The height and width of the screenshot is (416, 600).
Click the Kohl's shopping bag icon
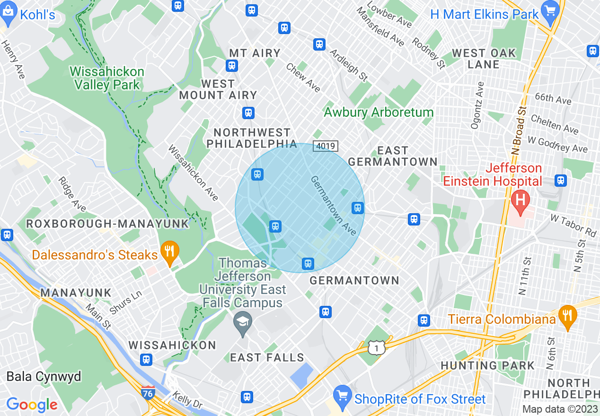point(8,14)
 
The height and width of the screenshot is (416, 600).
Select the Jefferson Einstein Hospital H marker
point(521,202)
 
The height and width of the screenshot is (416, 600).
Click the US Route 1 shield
point(377,348)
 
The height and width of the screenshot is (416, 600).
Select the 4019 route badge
point(325,147)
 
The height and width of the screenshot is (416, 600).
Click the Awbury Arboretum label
point(379,113)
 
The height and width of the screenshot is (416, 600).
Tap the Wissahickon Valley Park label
point(107,78)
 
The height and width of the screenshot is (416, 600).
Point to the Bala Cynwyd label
point(44,377)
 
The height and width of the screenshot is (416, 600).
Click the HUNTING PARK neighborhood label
point(487,365)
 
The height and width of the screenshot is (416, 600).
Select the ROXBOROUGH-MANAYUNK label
point(107,224)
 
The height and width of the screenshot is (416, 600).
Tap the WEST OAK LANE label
point(484,59)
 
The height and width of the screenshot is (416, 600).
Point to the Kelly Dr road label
point(187,400)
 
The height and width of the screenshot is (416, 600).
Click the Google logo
point(32,405)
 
